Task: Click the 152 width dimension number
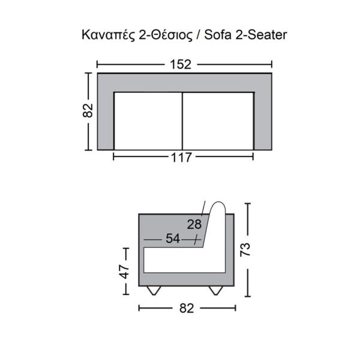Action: (181, 65)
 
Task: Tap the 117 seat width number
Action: (181, 157)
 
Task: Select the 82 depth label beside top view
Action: (88, 110)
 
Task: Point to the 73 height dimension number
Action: (245, 250)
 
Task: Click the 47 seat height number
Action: (125, 272)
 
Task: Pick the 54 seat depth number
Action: (173, 238)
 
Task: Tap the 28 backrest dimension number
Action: (194, 224)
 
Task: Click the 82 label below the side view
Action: (187, 308)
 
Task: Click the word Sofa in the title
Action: (218, 35)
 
